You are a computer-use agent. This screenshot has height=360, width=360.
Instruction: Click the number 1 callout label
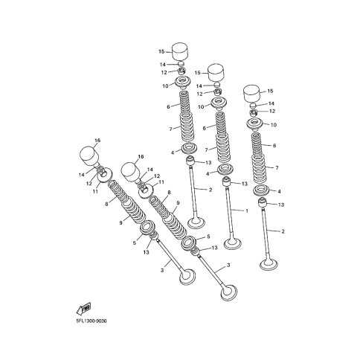(x=247, y=211)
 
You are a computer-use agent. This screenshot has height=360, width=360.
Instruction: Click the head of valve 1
(x=233, y=243)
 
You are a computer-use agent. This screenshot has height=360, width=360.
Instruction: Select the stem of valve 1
(x=230, y=213)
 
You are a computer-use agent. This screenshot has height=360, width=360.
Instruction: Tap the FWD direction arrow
(x=83, y=309)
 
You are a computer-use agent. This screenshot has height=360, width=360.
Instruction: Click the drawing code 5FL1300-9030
(x=91, y=321)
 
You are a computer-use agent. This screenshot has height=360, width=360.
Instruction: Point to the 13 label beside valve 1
(x=245, y=184)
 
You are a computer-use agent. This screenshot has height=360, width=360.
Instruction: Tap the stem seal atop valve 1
(x=226, y=182)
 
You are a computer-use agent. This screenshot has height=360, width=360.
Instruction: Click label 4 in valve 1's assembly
(x=208, y=174)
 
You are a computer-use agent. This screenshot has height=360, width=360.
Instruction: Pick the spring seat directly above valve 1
(x=225, y=169)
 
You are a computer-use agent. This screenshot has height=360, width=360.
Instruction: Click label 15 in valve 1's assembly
(x=198, y=73)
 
